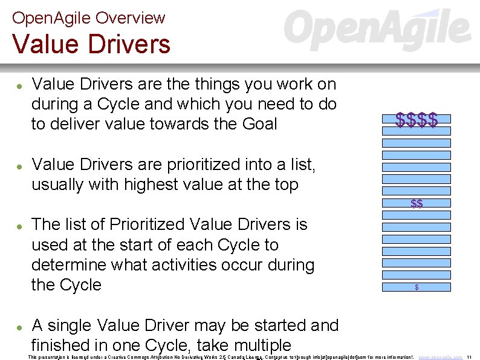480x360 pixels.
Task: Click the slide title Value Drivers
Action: click(91, 44)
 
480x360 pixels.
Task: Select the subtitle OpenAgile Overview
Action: click(88, 18)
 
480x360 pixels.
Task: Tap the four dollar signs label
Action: click(417, 120)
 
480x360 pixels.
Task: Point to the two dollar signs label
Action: click(417, 204)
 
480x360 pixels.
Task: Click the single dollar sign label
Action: click(417, 287)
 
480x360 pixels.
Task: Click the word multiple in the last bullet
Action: click(254, 345)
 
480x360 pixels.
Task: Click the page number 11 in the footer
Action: click(470, 357)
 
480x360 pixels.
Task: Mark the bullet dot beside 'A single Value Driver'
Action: click(20, 327)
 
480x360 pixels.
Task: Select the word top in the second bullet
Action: click(285, 184)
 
